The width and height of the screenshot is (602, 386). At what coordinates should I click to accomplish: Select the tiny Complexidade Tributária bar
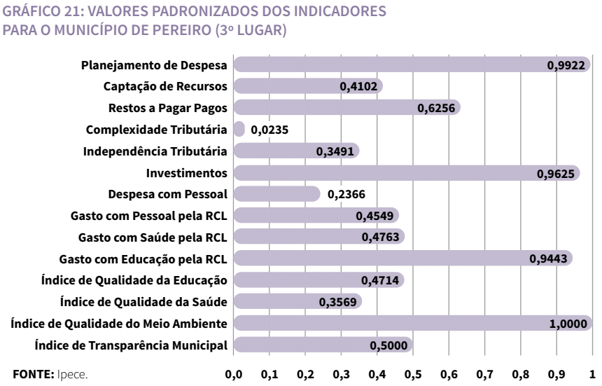coord(239,130)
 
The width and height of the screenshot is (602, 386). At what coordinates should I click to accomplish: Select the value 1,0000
coord(572,323)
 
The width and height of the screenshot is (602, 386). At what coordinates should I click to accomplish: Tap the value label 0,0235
coord(269,130)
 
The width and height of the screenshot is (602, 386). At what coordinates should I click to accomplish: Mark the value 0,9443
coord(548,259)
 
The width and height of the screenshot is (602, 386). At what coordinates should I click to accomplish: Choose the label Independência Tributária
coord(155,151)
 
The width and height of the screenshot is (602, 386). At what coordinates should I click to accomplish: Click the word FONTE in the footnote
coord(28,372)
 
